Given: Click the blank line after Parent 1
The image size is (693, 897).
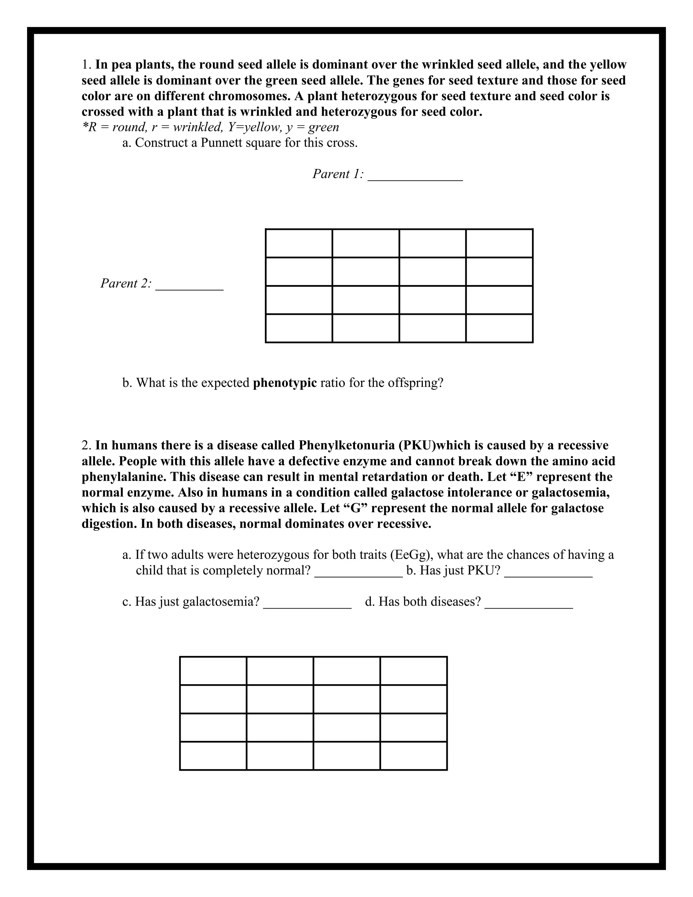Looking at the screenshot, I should [415, 177].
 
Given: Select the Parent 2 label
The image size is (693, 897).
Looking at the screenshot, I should [126, 283].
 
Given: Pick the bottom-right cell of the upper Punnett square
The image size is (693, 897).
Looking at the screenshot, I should [499, 328].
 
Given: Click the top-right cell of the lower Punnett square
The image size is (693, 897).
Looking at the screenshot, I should [413, 671].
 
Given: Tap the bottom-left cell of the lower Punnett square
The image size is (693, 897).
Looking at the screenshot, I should [213, 756].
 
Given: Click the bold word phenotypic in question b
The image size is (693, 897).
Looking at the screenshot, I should [285, 383].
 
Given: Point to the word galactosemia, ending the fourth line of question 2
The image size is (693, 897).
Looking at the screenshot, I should [571, 493].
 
